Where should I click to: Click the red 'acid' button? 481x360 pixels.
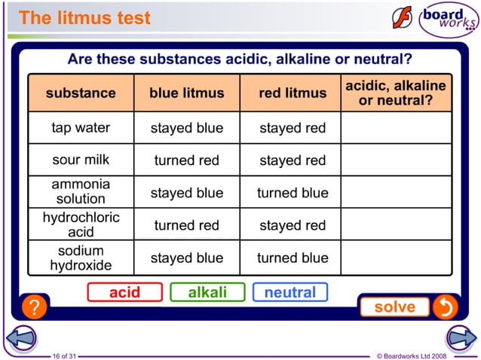(x=124, y=292)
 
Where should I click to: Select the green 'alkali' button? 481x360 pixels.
(x=207, y=292)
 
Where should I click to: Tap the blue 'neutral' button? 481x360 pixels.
(x=290, y=292)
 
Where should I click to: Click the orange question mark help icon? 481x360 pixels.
(x=33, y=307)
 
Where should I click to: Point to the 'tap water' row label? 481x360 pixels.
(x=81, y=128)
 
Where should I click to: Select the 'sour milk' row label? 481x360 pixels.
(x=81, y=160)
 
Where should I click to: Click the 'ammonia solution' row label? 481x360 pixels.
(x=81, y=192)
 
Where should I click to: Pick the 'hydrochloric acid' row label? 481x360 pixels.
(x=81, y=224)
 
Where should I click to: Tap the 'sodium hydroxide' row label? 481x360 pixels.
(x=81, y=258)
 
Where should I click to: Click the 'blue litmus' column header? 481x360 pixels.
(x=187, y=93)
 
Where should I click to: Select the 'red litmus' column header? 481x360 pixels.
(x=293, y=93)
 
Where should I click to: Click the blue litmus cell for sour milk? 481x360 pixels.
(x=187, y=160)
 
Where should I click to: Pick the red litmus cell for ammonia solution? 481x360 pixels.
(x=293, y=193)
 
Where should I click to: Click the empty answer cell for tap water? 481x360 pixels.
(x=396, y=128)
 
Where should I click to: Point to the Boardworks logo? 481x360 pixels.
(x=449, y=20)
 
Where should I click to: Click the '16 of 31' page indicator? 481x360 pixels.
(x=65, y=355)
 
